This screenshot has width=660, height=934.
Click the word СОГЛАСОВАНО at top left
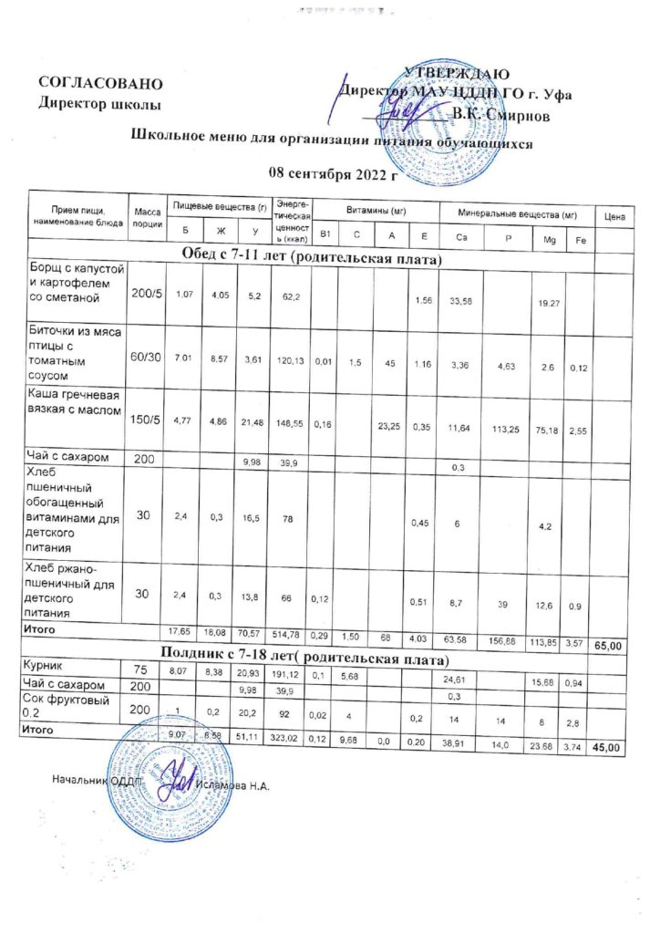point(100,84)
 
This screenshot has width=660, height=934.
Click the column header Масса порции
point(146,217)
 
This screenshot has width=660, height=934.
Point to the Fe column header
point(577,239)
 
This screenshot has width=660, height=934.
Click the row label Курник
point(51,668)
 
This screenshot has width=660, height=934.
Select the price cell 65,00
point(608,645)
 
